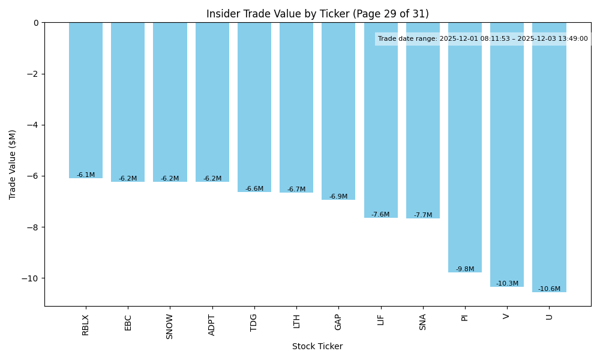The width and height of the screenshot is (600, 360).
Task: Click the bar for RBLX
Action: point(86,100)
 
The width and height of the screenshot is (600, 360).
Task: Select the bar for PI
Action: point(465,147)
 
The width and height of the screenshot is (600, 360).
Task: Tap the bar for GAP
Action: point(338,111)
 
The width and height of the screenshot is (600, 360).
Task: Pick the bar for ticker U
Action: point(549,157)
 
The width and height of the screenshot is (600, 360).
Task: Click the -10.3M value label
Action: point(507,283)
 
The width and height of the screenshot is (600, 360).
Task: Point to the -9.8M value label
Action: point(465,269)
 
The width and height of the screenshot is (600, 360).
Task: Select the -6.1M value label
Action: point(86,175)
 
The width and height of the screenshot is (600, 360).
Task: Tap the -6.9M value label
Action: point(338,197)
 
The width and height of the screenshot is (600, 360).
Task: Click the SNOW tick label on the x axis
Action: point(170,326)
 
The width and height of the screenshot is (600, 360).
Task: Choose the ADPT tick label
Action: point(212,325)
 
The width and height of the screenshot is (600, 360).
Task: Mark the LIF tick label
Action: point(380,320)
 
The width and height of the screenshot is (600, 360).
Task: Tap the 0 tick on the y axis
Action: point(36,23)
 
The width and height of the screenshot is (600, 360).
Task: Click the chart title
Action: point(317,14)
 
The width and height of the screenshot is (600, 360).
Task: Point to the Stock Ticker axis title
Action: point(317,347)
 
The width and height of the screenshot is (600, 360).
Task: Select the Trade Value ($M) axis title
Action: point(13,164)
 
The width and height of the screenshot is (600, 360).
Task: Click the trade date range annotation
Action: point(483,39)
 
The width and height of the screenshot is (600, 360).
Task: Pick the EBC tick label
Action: point(128,322)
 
